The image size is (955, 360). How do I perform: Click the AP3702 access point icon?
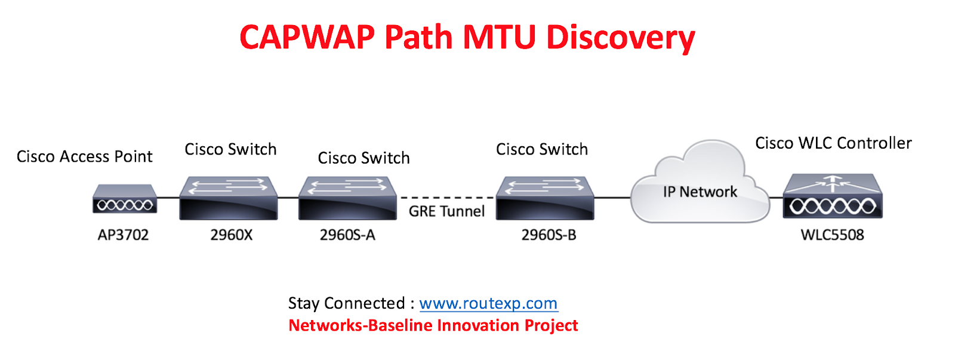click(125, 199)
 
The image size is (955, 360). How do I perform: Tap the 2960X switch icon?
click(229, 198)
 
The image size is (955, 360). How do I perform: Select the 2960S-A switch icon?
click(347, 198)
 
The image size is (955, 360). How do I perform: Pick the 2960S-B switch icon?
click(545, 198)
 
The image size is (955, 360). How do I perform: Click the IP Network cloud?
click(700, 185)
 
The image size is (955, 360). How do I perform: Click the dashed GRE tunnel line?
click(446, 197)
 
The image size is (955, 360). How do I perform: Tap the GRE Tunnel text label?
click(446, 211)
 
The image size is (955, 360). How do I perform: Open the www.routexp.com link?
click(488, 303)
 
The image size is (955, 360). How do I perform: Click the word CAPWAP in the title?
click(307, 37)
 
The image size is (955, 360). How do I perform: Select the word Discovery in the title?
click(620, 37)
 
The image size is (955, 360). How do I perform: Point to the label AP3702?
click(123, 235)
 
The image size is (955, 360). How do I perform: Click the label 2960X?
click(231, 235)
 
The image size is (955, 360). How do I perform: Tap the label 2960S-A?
click(347, 235)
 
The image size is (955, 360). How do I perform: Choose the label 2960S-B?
click(549, 235)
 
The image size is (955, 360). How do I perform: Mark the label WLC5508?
click(832, 235)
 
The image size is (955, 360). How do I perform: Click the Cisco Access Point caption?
click(84, 156)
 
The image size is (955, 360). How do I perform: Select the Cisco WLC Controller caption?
click(833, 143)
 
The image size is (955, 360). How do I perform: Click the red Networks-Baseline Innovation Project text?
click(433, 325)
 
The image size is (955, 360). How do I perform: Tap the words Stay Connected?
click(346, 303)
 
